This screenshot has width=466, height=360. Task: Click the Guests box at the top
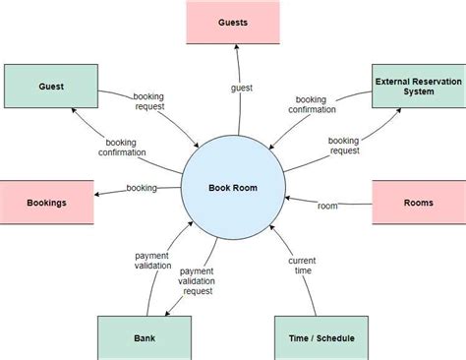pyautogui.click(x=233, y=22)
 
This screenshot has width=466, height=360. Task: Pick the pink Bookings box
pyautogui.click(x=47, y=203)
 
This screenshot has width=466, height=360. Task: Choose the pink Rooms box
pyautogui.click(x=419, y=203)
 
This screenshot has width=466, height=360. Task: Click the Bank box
pyautogui.click(x=145, y=337)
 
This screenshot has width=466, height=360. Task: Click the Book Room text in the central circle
pyautogui.click(x=233, y=187)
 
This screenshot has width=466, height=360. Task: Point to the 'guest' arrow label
pyautogui.click(x=242, y=88)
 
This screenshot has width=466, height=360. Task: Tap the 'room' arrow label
pyautogui.click(x=327, y=206)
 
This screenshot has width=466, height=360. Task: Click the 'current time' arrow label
pyautogui.click(x=302, y=266)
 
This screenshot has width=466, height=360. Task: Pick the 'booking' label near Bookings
pyautogui.click(x=142, y=188)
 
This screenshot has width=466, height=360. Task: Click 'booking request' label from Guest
pyautogui.click(x=150, y=100)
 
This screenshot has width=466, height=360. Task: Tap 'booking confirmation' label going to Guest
pyautogui.click(x=123, y=147)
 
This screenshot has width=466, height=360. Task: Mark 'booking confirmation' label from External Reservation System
pyautogui.click(x=312, y=104)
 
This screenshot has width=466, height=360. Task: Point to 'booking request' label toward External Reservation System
pyautogui.click(x=344, y=147)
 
